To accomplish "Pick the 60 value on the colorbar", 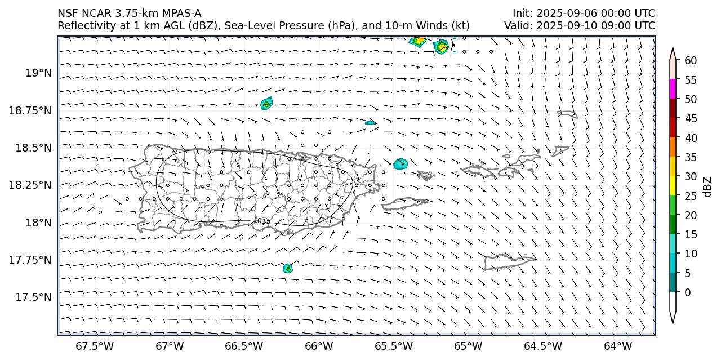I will [691, 60].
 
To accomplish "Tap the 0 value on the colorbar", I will [688, 292].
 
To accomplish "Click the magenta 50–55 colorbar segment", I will [673, 89].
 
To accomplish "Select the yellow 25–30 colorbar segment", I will [673, 186].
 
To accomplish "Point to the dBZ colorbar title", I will [707, 186].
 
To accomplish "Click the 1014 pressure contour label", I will [262, 221].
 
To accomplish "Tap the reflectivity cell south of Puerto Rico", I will [287, 268].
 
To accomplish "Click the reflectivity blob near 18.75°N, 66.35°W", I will [266, 103].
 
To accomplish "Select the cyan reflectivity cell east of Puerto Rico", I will [400, 164].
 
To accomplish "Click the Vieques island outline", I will [404, 203].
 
